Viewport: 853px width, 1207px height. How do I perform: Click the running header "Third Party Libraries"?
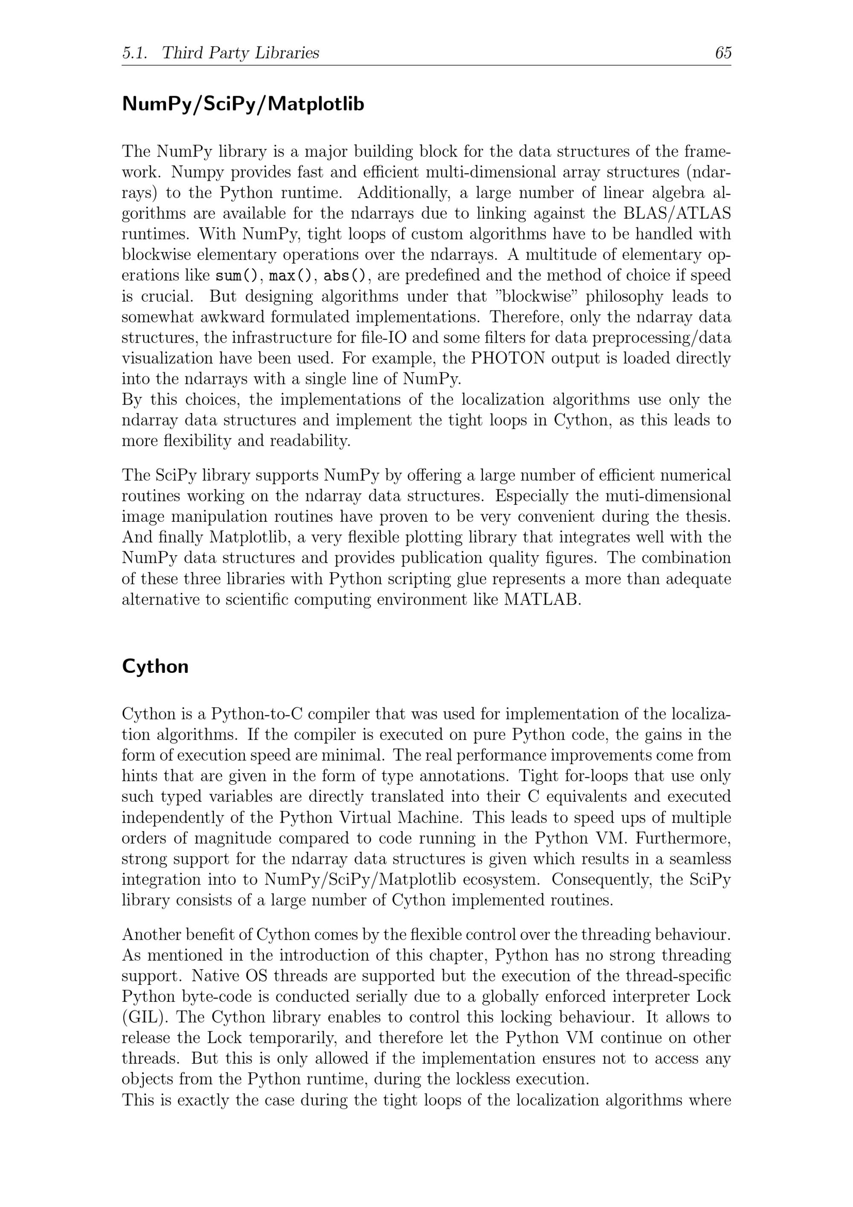pyautogui.click(x=240, y=52)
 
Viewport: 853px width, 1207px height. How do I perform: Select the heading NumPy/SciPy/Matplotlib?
pyautogui.click(x=243, y=104)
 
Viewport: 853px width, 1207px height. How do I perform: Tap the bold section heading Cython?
pyautogui.click(x=155, y=666)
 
